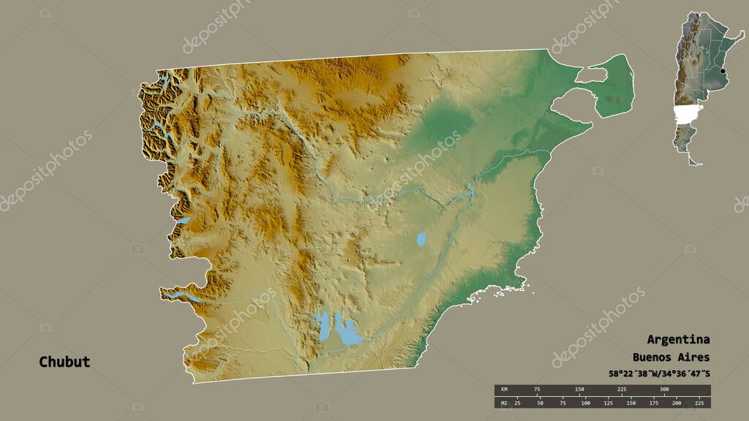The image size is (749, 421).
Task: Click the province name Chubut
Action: pyautogui.click(x=64, y=362)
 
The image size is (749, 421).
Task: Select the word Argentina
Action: pyautogui.click(x=678, y=339)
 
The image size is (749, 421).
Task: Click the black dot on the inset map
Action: pyautogui.click(x=723, y=71)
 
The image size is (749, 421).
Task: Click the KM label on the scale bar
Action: pyautogui.click(x=504, y=389)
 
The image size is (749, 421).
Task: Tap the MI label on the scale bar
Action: pyautogui.click(x=504, y=403)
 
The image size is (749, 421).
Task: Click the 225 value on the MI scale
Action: pyautogui.click(x=699, y=403)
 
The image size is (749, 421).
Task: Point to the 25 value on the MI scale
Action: pyautogui.click(x=517, y=403)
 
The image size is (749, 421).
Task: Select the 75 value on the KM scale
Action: pyautogui.click(x=538, y=389)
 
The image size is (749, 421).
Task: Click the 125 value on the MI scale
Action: pyautogui.click(x=608, y=403)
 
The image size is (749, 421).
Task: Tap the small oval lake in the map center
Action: pyautogui.click(x=421, y=238)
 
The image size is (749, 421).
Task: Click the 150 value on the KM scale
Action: pyautogui.click(x=579, y=389)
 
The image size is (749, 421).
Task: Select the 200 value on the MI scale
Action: pyautogui.click(x=676, y=403)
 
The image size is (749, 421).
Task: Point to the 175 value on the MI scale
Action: pyautogui.click(x=653, y=403)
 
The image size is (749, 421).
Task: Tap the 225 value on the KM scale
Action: pyautogui.click(x=621, y=389)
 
